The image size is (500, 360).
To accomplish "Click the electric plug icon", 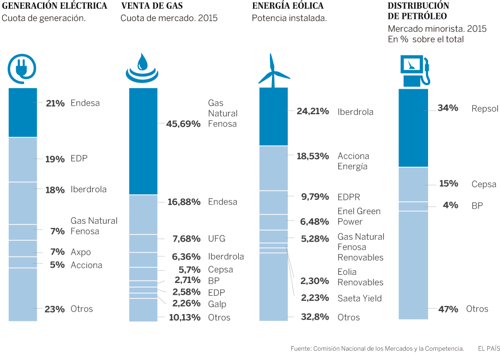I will coord(23,69).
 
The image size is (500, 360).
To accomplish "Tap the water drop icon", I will coord(143,69).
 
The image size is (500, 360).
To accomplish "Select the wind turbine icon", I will coord(273,70).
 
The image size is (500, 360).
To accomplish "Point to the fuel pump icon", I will coord(414,70).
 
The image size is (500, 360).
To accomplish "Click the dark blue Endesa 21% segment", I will coord(23,112).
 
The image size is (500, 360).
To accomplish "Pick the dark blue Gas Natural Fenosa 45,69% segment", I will coord(143,141).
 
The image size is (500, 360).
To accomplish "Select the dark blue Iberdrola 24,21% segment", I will coord(273,116).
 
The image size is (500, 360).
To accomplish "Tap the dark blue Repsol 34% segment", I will coord(413,127).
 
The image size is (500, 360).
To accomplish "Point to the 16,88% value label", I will coord(184,202).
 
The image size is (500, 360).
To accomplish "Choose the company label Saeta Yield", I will coord(360,298).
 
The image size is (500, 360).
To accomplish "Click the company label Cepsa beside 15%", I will coord(484,184).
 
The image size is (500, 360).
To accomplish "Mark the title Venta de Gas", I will coord(152,6).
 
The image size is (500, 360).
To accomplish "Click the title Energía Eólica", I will coord(287,6).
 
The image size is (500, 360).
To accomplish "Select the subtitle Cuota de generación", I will coord(43,18).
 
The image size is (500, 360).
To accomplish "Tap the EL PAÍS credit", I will coord(488,349).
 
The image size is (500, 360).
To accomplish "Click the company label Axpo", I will coord(81,252).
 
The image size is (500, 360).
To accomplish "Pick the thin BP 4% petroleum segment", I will coord(413,206).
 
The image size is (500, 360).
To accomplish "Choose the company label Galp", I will coord(217,304).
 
